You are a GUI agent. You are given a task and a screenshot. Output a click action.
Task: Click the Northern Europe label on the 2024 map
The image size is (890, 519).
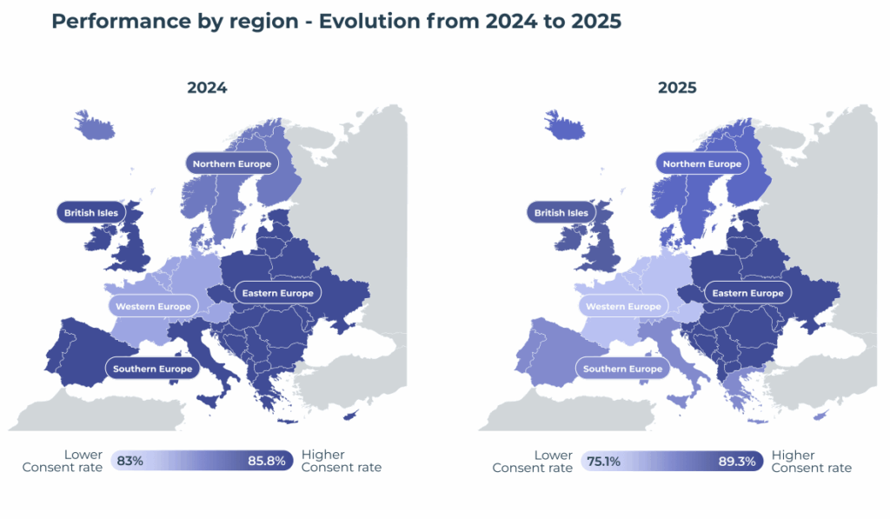(232, 163)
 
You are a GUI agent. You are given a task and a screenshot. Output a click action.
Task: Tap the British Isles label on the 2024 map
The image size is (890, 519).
(92, 212)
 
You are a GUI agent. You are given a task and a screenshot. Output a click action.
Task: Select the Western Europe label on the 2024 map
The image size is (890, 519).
(153, 306)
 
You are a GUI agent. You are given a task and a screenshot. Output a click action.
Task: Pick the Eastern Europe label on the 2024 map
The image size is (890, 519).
(278, 293)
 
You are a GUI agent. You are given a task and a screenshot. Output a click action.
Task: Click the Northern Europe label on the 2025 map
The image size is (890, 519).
(702, 163)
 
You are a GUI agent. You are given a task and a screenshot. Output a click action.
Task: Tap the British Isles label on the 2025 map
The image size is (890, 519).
(561, 212)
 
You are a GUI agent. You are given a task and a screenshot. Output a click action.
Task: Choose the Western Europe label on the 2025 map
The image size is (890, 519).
(623, 306)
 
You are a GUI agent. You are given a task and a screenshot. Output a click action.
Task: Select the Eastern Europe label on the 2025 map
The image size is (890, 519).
(748, 293)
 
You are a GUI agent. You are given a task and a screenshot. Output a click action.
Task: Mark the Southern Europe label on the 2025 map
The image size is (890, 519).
(622, 369)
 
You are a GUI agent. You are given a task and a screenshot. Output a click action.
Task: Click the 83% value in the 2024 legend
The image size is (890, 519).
(130, 461)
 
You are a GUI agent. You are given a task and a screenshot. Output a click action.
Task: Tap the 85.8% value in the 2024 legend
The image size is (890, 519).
(268, 461)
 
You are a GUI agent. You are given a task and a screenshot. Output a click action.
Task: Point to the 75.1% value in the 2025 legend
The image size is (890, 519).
(603, 461)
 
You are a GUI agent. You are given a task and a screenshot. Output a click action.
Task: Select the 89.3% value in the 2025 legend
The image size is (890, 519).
(740, 461)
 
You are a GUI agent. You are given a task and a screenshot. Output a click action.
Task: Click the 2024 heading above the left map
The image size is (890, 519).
(207, 88)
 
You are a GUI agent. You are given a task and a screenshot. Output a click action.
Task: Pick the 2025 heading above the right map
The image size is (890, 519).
(677, 88)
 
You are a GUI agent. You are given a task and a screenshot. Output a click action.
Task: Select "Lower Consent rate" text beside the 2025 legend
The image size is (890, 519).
(533, 461)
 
